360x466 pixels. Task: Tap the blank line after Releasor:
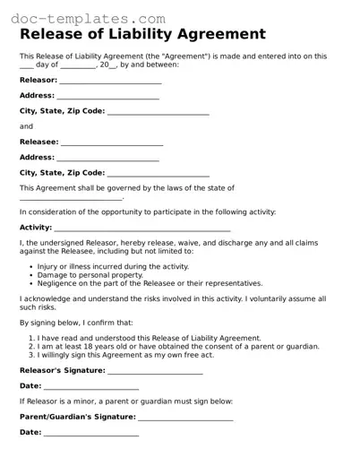point(110,81)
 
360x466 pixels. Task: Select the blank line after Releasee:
point(112,142)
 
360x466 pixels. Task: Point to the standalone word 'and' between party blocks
point(26,126)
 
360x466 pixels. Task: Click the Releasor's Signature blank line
point(155,371)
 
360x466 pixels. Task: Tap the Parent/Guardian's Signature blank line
point(185,417)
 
